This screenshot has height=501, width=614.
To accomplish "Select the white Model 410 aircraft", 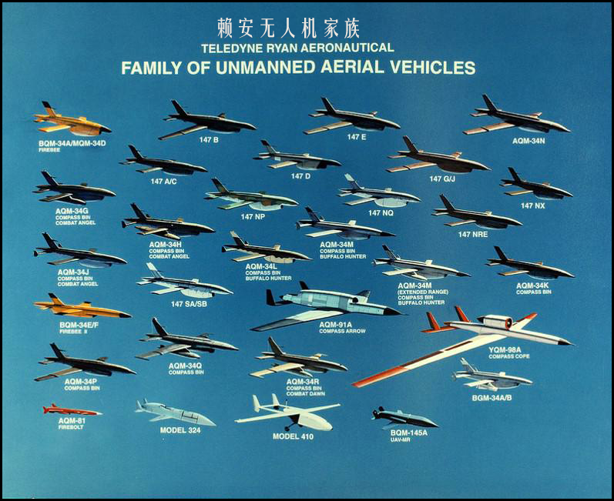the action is [x=289, y=414].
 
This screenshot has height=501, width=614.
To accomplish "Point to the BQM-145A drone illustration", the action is [x=404, y=418].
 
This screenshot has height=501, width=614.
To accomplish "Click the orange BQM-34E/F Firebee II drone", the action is [x=81, y=309].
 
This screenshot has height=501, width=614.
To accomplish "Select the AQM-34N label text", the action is [x=528, y=141].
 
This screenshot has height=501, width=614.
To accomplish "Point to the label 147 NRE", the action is [x=474, y=233].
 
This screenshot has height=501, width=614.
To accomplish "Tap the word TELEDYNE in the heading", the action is [x=229, y=48].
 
